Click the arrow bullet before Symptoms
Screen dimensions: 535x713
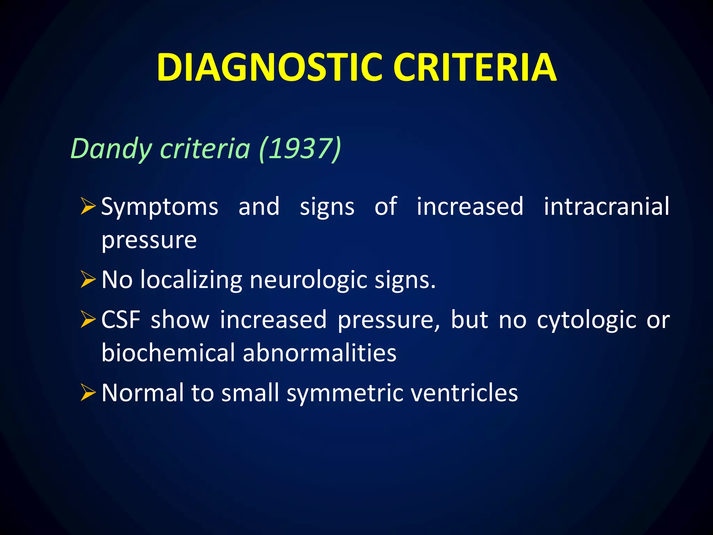[88, 206]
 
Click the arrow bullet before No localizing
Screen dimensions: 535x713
[88, 279]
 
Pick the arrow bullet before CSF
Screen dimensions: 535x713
[88, 319]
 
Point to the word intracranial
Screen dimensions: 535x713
[606, 206]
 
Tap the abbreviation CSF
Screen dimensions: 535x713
[121, 319]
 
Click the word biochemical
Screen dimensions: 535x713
[168, 352]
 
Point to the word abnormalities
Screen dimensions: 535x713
[320, 352]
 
